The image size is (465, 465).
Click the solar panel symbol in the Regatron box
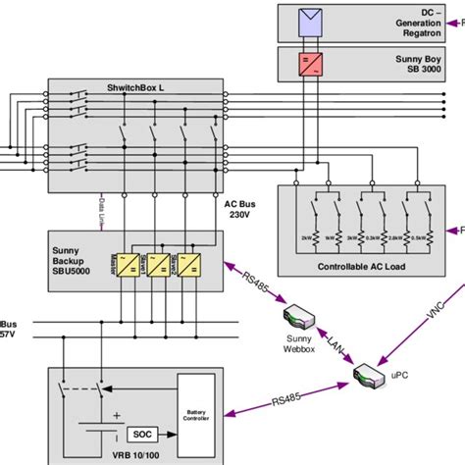311,21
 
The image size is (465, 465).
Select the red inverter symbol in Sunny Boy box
311,64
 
